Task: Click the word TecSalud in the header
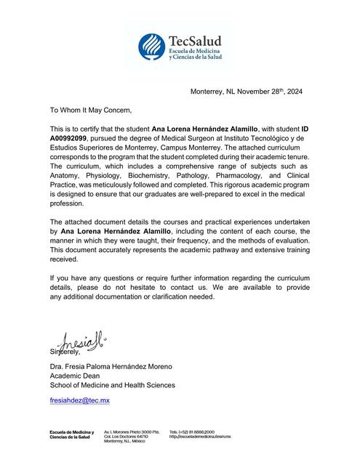point(195,40)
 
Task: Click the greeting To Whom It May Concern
point(92,110)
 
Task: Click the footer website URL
point(199,436)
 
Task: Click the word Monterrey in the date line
point(211,92)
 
